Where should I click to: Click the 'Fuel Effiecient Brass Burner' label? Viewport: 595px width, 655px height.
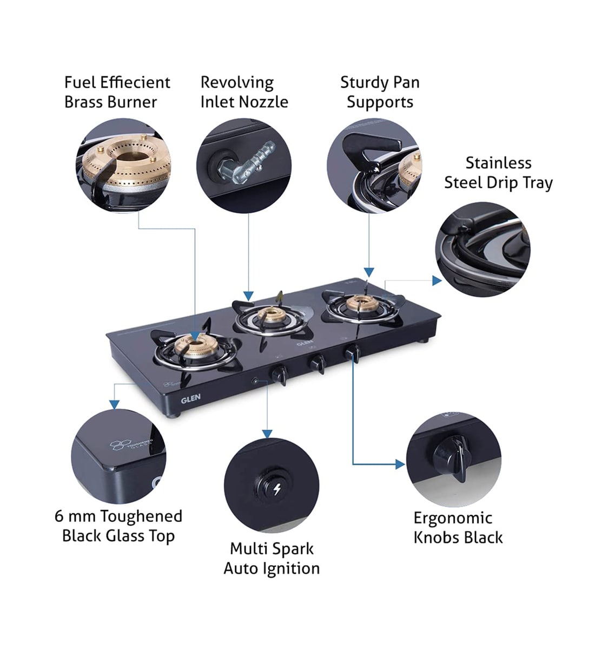pyautogui.click(x=117, y=92)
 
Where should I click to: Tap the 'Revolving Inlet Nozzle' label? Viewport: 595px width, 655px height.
pyautogui.click(x=243, y=92)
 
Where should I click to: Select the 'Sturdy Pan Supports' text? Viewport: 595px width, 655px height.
pyautogui.click(x=380, y=92)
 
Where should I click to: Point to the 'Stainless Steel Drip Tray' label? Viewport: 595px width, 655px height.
pyautogui.click(x=498, y=173)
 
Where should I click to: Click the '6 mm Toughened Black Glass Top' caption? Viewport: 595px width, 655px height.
pyautogui.click(x=118, y=526)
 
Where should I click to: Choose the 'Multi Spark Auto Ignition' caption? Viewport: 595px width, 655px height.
pyautogui.click(x=272, y=558)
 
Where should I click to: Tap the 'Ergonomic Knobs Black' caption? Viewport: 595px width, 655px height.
pyautogui.click(x=458, y=527)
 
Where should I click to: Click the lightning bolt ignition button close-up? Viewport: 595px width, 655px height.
pyautogui.click(x=276, y=489)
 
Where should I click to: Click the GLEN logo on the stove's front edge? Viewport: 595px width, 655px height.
pyautogui.click(x=190, y=398)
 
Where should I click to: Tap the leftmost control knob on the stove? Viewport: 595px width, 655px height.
pyautogui.click(x=280, y=374)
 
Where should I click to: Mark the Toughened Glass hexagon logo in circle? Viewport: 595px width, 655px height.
pyautogui.click(x=118, y=445)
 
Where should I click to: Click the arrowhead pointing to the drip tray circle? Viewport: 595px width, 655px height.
pyautogui.click(x=437, y=280)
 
